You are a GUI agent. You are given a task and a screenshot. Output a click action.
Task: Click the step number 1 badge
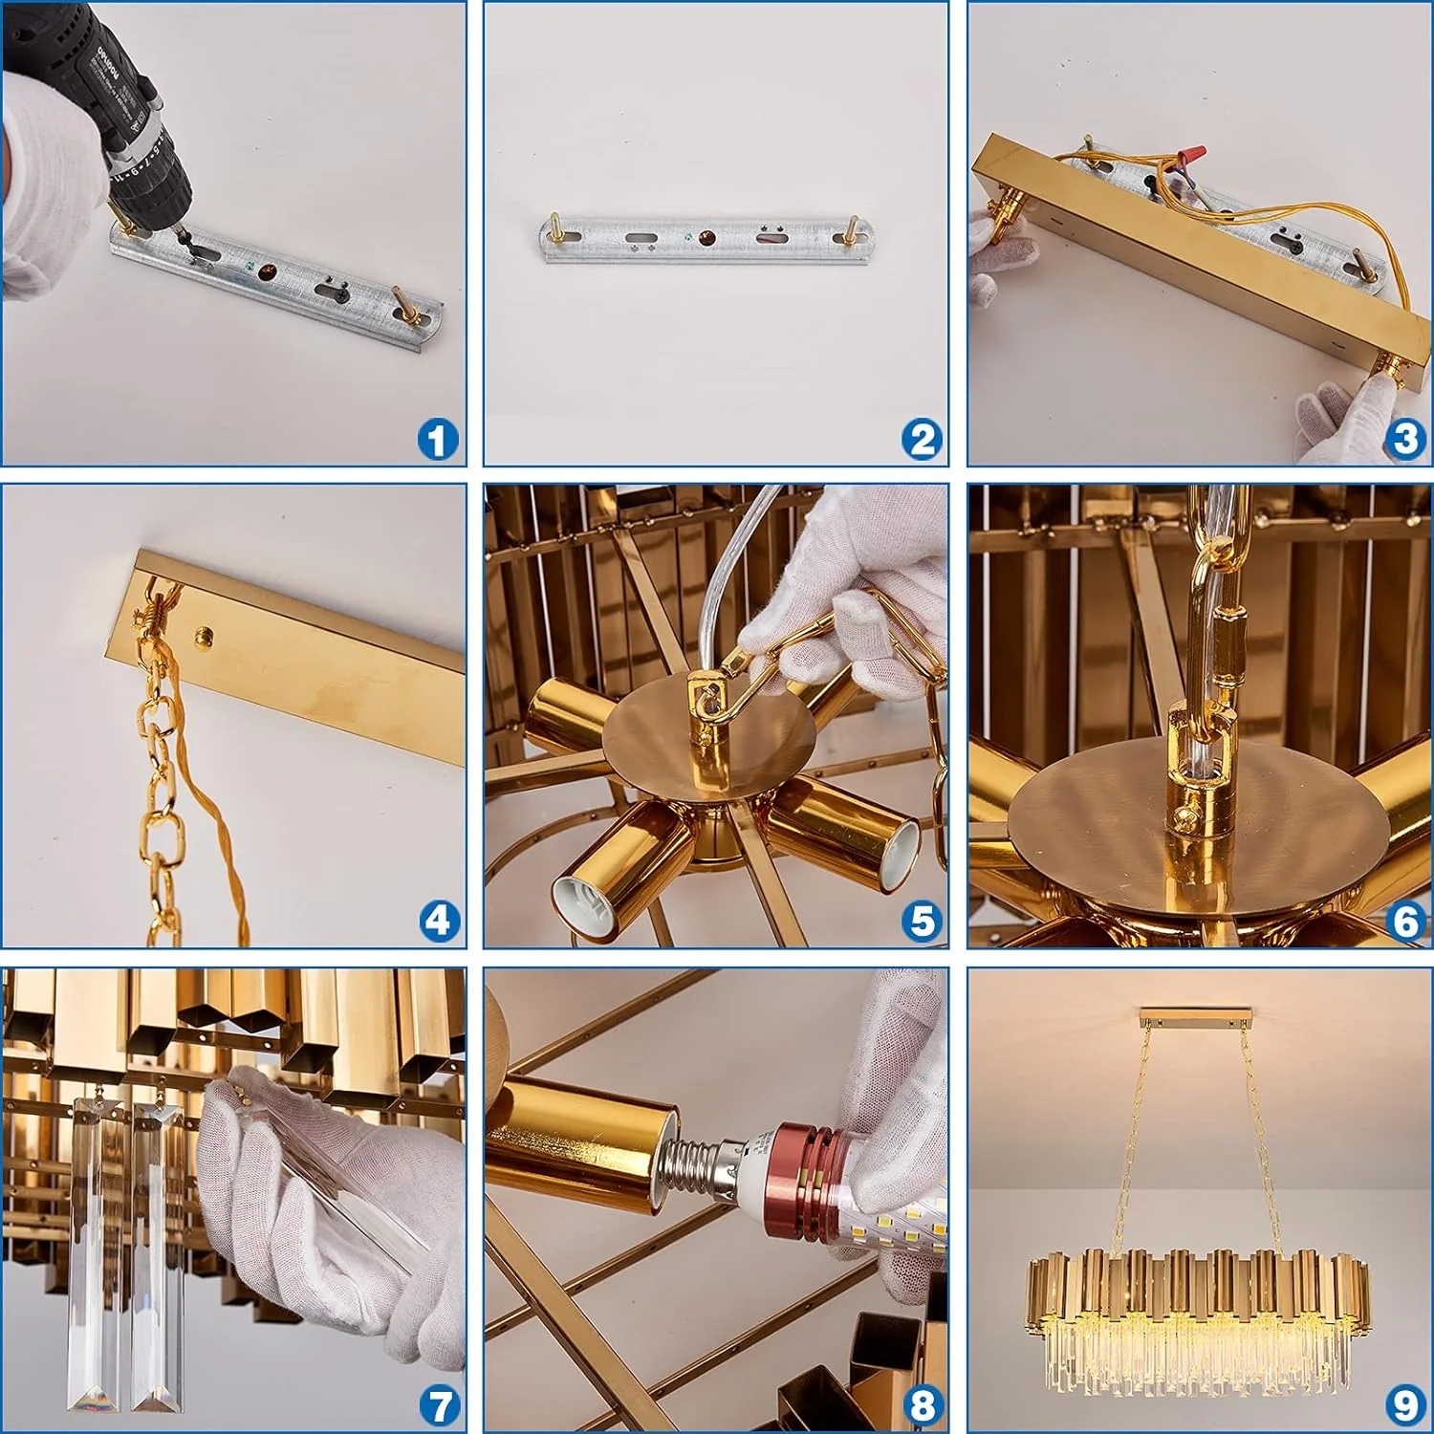point(438,441)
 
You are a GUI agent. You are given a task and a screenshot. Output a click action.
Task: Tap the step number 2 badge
point(922,440)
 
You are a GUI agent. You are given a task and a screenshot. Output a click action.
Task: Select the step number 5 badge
point(922,922)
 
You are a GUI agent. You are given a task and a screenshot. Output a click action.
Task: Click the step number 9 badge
point(1404,1405)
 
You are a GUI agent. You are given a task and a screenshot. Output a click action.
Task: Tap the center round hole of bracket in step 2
point(706,237)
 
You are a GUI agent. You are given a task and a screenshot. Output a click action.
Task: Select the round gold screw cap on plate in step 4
point(204,635)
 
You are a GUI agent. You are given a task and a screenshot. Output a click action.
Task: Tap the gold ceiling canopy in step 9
point(1196,1013)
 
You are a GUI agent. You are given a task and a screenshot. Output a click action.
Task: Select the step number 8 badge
point(922,1405)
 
